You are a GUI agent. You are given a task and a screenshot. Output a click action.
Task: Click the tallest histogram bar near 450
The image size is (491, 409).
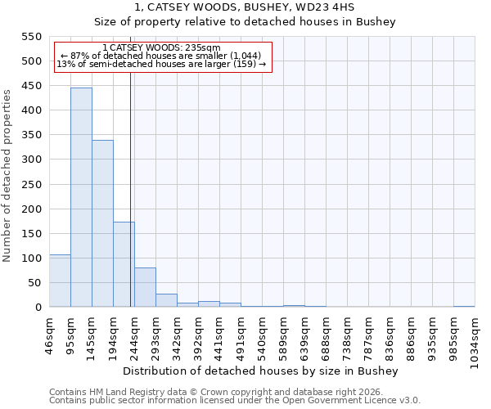(81, 197)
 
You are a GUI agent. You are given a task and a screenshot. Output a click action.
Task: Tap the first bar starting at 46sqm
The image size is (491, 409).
(60, 281)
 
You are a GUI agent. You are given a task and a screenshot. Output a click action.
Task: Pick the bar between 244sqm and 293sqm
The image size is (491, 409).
(145, 287)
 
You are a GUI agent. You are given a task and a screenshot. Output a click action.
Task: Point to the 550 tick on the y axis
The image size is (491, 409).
(31, 37)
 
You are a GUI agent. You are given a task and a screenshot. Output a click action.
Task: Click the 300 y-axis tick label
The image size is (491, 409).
(31, 160)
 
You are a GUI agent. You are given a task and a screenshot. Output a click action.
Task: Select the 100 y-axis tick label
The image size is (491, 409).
(31, 258)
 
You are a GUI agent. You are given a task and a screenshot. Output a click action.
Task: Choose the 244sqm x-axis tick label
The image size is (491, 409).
(135, 335)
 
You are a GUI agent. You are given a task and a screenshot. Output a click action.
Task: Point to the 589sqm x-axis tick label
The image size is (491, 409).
(284, 335)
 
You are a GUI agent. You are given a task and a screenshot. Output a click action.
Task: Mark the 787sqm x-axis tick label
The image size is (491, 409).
(369, 335)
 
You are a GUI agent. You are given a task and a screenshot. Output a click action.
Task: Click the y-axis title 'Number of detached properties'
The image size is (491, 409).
(8, 175)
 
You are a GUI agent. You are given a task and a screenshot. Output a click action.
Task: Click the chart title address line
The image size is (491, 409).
(245, 7)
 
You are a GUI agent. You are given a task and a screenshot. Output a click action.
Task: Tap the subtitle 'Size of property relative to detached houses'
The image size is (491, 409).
(245, 22)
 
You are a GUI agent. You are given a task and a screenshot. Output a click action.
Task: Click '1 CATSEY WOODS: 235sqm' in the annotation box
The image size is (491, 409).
(162, 48)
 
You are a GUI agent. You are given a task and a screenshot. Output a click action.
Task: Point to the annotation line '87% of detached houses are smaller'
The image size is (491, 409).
(162, 56)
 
